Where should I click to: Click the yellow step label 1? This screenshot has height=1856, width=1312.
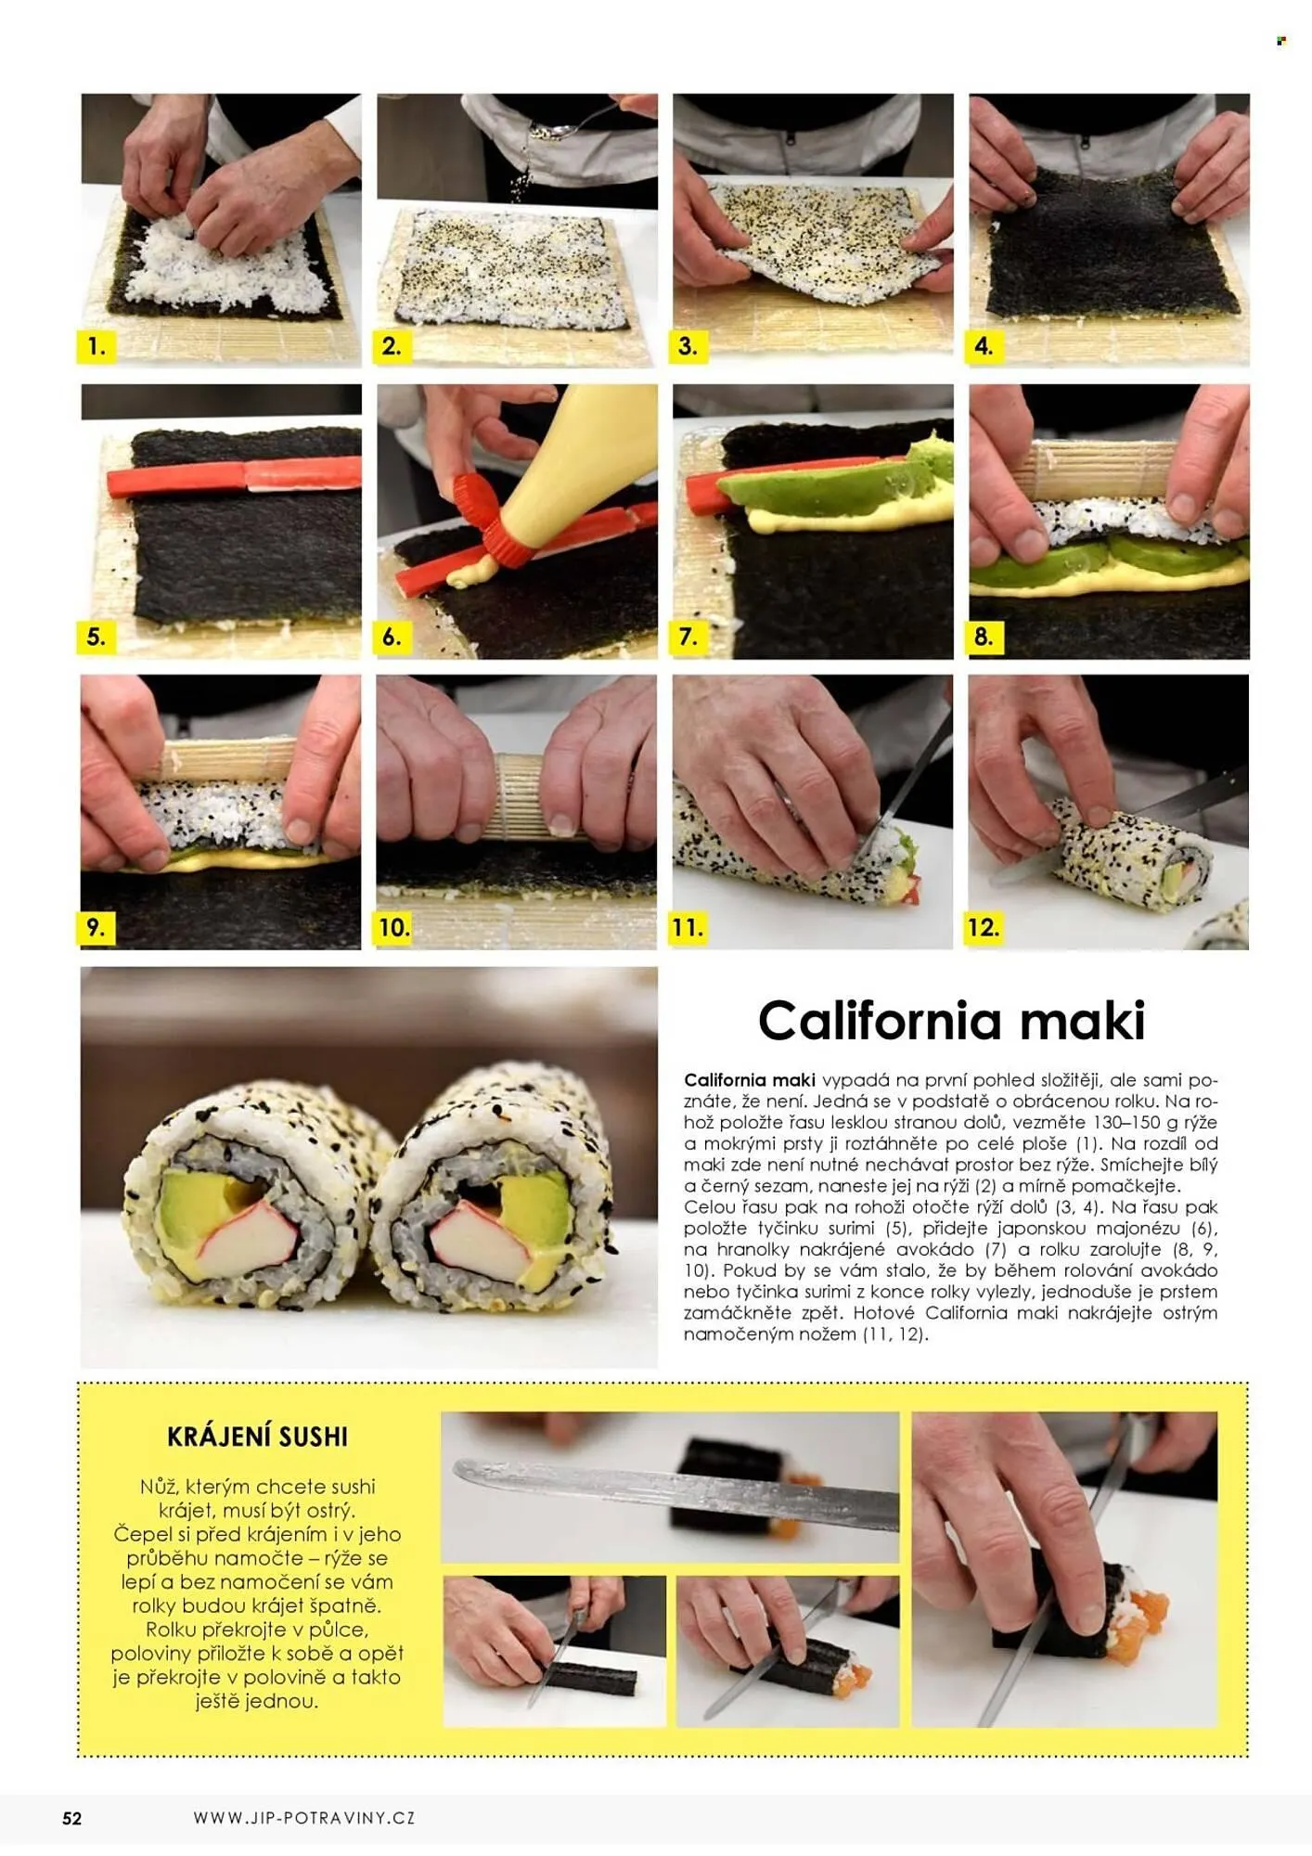click(x=96, y=346)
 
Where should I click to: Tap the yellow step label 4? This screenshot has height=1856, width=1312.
click(x=984, y=346)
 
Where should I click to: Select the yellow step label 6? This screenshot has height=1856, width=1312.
click(x=392, y=637)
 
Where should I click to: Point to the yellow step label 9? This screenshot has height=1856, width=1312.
click(x=96, y=927)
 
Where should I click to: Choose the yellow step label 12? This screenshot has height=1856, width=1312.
click(x=984, y=927)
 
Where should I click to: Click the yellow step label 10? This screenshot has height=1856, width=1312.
click(x=393, y=927)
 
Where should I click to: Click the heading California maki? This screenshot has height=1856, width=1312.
click(x=951, y=1021)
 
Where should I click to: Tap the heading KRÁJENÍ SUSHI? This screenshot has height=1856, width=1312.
click(x=257, y=1437)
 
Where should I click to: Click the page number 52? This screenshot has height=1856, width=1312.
click(x=72, y=1819)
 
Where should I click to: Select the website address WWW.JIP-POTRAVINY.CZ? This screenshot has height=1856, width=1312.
click(x=304, y=1818)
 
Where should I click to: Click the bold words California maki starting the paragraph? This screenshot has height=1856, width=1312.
click(x=750, y=1080)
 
